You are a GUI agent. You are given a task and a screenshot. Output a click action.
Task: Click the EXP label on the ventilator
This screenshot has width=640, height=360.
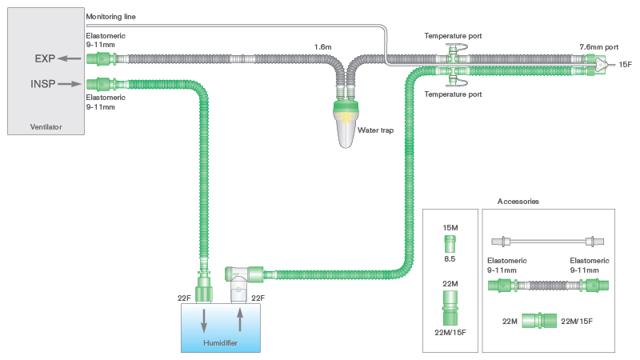pyautogui.click(x=45, y=59)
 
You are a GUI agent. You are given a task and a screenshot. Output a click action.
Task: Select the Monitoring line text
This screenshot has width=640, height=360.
pyautogui.click(x=115, y=16)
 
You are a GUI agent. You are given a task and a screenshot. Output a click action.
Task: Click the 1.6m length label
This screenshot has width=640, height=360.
pyautogui.click(x=323, y=48)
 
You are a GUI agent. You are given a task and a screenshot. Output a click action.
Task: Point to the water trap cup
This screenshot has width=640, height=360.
pyautogui.click(x=346, y=125)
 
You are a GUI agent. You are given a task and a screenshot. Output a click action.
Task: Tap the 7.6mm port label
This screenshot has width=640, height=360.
pyautogui.click(x=599, y=48)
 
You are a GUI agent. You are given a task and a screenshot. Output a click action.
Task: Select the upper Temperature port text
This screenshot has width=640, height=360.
pyautogui.click(x=453, y=36)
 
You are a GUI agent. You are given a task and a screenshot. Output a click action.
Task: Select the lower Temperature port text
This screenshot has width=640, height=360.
pyautogui.click(x=453, y=94)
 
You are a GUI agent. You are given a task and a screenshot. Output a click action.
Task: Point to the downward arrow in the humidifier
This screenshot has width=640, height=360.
pyautogui.click(x=205, y=319)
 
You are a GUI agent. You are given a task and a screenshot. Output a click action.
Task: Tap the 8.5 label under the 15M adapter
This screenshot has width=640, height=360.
pyautogui.click(x=450, y=259)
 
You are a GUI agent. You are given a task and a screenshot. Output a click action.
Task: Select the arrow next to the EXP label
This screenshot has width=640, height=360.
pyautogui.click(x=72, y=59)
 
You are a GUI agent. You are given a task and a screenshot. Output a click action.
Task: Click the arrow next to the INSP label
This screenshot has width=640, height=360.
pyautogui.click(x=72, y=83)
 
